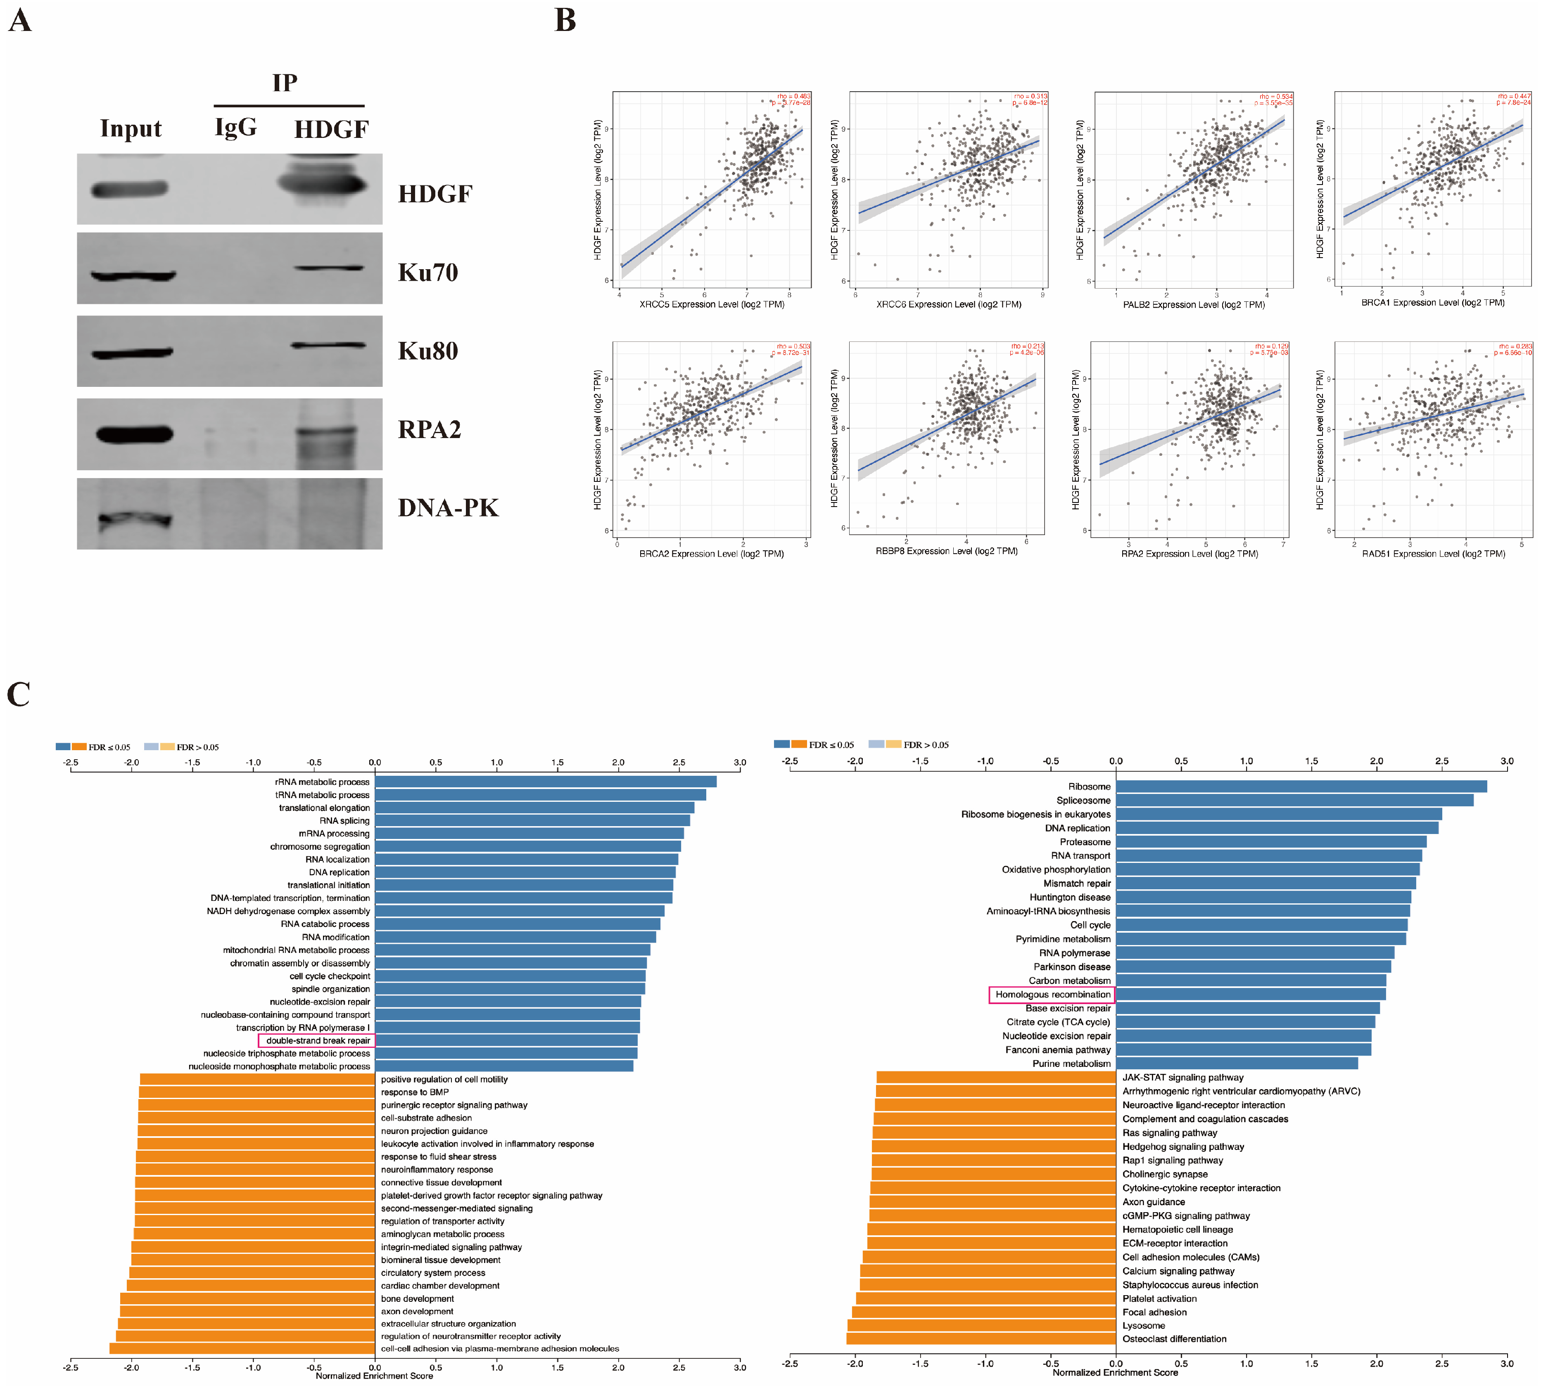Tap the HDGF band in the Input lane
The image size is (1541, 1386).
pyautogui.click(x=130, y=189)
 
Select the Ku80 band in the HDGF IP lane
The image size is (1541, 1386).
pyautogui.click(x=328, y=346)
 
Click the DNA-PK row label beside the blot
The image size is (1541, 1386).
pyautogui.click(x=448, y=508)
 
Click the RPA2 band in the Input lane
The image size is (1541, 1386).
pyautogui.click(x=134, y=434)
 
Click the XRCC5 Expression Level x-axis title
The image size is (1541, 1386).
pyautogui.click(x=712, y=305)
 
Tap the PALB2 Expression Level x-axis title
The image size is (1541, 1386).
pyautogui.click(x=1194, y=305)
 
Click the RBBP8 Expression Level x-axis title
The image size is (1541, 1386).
pyautogui.click(x=946, y=551)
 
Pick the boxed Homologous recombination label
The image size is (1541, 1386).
pyautogui.click(x=1052, y=995)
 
